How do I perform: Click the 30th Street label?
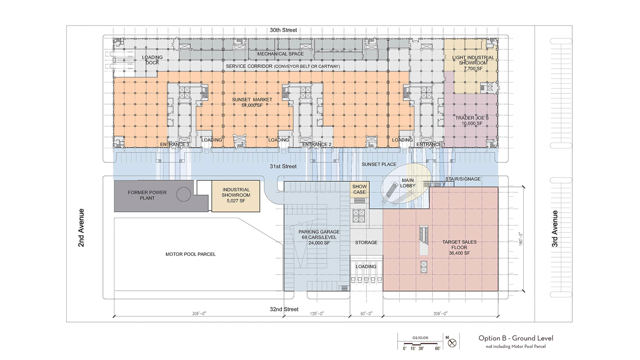283,30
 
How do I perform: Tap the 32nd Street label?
284,309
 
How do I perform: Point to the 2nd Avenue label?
81,228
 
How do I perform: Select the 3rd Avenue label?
555,229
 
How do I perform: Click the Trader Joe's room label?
472,121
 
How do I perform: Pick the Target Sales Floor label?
459,247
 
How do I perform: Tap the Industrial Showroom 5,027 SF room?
236,196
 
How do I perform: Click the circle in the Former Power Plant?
184,194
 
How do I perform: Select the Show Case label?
359,189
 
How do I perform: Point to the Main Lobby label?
408,183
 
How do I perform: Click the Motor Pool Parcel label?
191,254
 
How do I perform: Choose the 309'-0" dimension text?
199,314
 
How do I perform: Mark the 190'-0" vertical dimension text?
521,239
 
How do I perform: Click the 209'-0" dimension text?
440,314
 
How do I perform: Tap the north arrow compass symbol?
452,343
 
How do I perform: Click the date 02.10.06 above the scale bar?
420,338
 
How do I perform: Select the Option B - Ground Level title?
516,338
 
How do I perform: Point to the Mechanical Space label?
280,54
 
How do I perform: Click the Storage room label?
366,243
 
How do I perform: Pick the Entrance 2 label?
317,144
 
